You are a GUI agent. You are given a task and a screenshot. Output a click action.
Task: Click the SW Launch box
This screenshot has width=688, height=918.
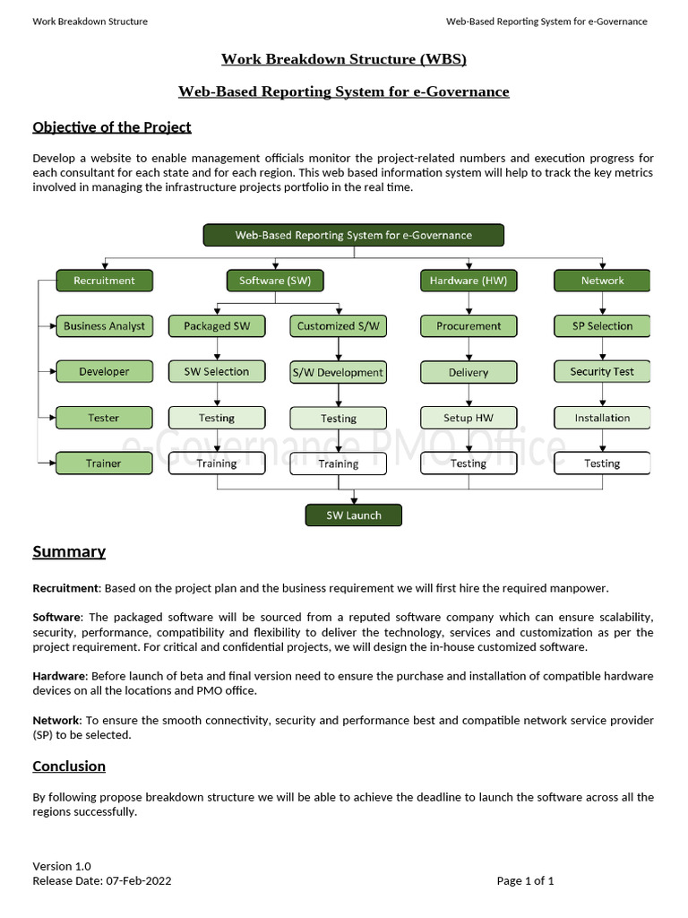click(x=353, y=515)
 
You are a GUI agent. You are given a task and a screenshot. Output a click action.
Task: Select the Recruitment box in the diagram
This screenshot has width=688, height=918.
click(x=104, y=281)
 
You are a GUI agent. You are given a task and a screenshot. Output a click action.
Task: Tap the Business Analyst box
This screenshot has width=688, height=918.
click(x=104, y=326)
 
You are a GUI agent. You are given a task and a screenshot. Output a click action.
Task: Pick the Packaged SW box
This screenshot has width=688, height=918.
click(x=217, y=326)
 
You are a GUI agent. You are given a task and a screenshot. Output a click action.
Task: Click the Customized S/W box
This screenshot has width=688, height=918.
click(x=339, y=326)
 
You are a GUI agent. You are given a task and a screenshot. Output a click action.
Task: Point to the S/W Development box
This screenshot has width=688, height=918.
click(x=339, y=372)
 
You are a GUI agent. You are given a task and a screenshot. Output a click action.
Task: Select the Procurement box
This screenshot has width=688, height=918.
click(x=469, y=326)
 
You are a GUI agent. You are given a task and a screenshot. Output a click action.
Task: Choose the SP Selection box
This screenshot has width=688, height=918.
click(x=602, y=326)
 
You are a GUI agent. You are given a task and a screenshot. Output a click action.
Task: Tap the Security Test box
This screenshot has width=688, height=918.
click(x=602, y=371)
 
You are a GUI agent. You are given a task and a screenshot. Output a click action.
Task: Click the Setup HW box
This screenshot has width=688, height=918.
click(x=469, y=418)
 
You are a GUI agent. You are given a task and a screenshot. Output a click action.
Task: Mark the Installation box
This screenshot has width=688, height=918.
click(x=602, y=418)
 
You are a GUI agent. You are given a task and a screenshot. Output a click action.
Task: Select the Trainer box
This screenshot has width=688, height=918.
click(x=104, y=463)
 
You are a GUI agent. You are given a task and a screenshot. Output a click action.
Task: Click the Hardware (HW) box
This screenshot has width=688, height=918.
click(x=469, y=281)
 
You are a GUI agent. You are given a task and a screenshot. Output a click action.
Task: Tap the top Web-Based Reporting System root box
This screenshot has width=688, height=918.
click(x=353, y=235)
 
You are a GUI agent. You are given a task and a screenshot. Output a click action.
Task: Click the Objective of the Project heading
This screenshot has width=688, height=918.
click(x=112, y=127)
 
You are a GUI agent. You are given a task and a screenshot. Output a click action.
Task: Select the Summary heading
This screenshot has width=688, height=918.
click(x=69, y=551)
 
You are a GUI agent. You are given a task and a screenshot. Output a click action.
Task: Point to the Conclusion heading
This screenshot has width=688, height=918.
click(x=69, y=766)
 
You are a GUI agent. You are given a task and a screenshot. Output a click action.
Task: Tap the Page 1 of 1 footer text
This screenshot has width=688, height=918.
click(x=525, y=880)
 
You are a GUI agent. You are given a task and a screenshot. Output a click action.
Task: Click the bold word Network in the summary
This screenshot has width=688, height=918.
click(x=56, y=720)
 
